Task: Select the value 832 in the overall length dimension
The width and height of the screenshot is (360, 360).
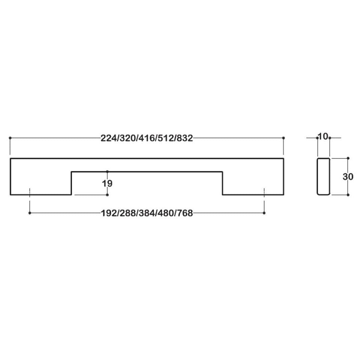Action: (184, 138)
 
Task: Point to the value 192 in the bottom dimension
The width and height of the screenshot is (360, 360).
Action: (109, 213)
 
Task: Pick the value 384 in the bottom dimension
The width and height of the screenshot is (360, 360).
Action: (147, 213)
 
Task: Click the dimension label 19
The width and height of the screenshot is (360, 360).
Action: (107, 183)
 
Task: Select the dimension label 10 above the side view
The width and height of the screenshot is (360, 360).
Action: (323, 136)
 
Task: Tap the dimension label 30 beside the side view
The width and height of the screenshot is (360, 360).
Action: (348, 177)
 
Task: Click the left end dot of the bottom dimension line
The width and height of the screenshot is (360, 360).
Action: (30, 213)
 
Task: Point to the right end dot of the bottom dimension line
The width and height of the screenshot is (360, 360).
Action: (264, 213)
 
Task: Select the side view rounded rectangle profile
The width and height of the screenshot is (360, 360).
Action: (324, 177)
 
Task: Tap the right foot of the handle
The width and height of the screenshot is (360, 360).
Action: (253, 184)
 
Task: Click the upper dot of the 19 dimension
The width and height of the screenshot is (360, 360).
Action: (108, 172)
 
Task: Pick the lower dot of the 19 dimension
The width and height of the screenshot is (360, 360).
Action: (108, 195)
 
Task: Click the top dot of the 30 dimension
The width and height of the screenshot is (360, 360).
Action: (348, 158)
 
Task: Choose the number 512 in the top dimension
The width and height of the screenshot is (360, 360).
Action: (166, 138)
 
